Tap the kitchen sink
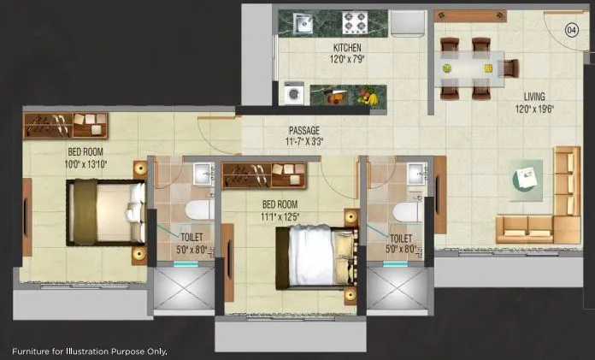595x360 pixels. coord(303,23)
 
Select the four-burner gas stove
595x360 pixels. coord(355,22)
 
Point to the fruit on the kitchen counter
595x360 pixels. coord(369,97)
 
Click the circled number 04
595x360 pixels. coord(572,30)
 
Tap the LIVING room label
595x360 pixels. coord(534,97)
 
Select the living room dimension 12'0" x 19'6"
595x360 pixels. coord(534,109)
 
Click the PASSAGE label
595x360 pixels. coord(303,131)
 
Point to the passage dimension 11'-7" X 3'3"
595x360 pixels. coord(305,143)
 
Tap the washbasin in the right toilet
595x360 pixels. coord(418,174)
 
